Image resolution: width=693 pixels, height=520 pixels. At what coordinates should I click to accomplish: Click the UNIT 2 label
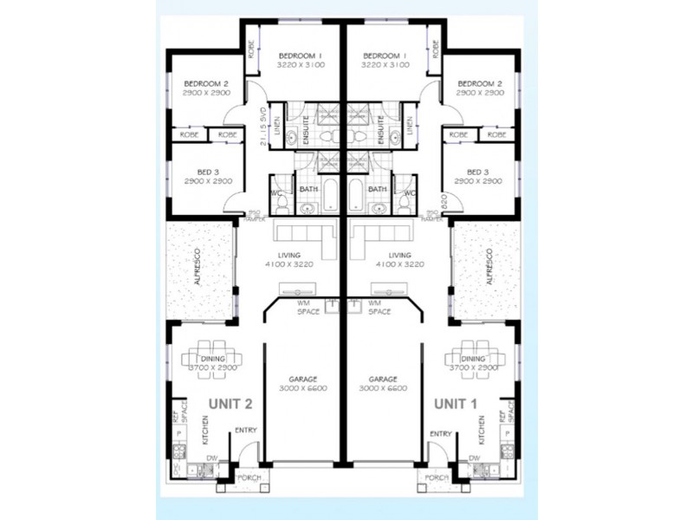pyautogui.click(x=231, y=403)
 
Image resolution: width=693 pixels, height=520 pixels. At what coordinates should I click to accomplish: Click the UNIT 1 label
pyautogui.click(x=456, y=403)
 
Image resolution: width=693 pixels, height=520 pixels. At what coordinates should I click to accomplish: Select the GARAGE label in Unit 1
pyautogui.click(x=382, y=380)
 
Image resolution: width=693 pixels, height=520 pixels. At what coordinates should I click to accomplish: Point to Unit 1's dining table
pyautogui.click(x=474, y=358)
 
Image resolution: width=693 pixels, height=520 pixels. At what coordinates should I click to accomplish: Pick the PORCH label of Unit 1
pyautogui.click(x=434, y=476)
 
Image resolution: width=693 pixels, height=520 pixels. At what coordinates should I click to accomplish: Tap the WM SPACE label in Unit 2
pyautogui.click(x=303, y=307)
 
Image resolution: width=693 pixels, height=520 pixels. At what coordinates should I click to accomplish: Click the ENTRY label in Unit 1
pyautogui.click(x=440, y=433)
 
